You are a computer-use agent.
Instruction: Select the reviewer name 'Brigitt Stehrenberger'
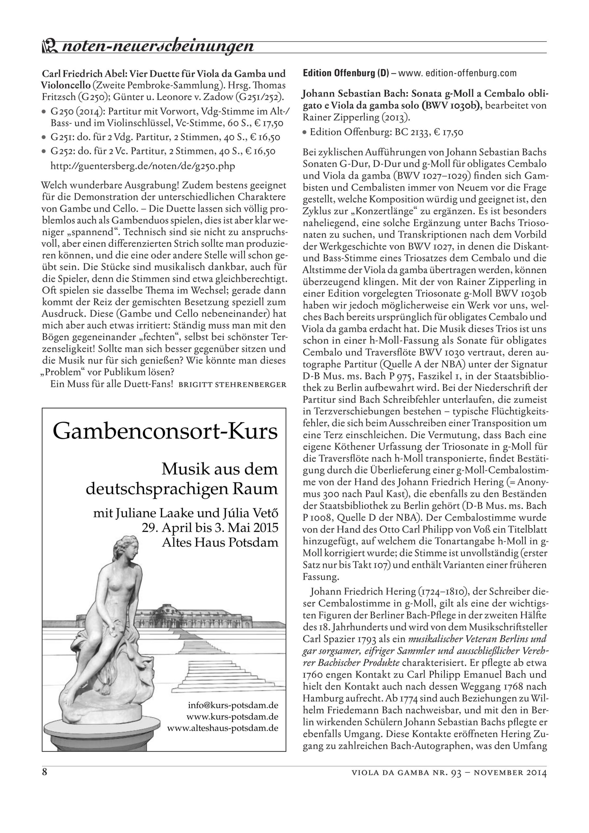point(233,385)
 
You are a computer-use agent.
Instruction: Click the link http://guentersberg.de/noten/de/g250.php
point(142,166)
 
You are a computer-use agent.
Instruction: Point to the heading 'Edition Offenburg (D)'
point(346,74)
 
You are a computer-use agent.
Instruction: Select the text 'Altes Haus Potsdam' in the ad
point(220,542)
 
